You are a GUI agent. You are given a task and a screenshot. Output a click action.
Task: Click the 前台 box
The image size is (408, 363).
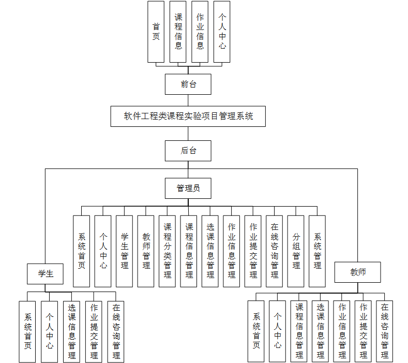[188, 84]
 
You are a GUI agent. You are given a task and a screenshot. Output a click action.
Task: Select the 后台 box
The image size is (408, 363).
[188, 151]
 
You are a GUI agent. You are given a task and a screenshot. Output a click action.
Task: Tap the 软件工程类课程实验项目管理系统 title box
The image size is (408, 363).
[188, 116]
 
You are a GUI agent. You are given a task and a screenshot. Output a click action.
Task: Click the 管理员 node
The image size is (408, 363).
[188, 188]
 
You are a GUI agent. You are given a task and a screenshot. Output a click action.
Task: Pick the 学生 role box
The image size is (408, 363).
[46, 273]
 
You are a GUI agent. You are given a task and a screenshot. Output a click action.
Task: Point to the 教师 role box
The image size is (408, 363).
[358, 272]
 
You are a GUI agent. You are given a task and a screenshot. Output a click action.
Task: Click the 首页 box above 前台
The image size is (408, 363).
[156, 32]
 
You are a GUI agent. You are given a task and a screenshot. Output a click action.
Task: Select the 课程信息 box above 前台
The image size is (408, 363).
[178, 32]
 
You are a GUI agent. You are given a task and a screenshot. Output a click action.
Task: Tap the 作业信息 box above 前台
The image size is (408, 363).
[200, 32]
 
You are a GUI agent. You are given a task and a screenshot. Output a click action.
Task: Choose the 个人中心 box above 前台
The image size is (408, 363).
[222, 32]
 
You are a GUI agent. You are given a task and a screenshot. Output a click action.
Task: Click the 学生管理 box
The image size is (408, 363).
[125, 251]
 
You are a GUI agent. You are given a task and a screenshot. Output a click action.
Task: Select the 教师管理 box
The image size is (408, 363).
[146, 251]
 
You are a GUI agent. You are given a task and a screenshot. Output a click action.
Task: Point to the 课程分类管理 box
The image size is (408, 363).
[168, 251]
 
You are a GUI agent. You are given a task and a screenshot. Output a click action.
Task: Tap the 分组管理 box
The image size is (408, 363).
[296, 251]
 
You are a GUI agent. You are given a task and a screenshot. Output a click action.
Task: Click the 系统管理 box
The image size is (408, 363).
[317, 251]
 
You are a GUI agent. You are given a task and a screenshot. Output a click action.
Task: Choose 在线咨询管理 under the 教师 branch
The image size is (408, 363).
[384, 331]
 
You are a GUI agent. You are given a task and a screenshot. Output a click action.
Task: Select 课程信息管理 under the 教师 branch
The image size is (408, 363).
[299, 331]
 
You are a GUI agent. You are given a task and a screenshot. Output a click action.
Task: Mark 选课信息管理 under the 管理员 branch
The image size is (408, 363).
[210, 251]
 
